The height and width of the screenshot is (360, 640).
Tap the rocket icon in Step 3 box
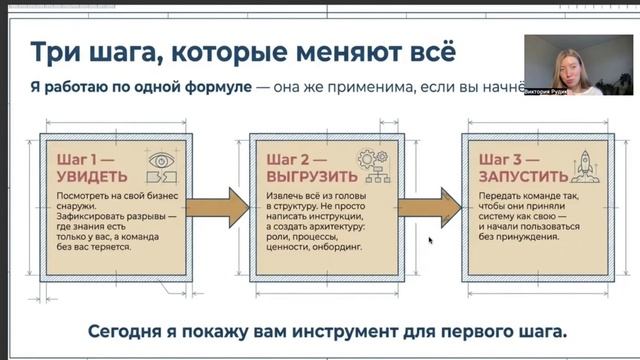click(x=582, y=165)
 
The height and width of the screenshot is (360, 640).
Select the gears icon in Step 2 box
click(x=372, y=165)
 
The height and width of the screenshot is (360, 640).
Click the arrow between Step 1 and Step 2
click(x=219, y=207)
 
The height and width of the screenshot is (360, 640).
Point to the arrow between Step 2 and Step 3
click(x=429, y=207)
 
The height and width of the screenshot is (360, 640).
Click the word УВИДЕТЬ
click(x=86, y=175)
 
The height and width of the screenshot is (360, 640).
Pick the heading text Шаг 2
click(x=290, y=158)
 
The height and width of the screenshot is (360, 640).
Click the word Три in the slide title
click(x=54, y=52)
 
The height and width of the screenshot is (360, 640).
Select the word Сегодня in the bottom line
click(x=126, y=331)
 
